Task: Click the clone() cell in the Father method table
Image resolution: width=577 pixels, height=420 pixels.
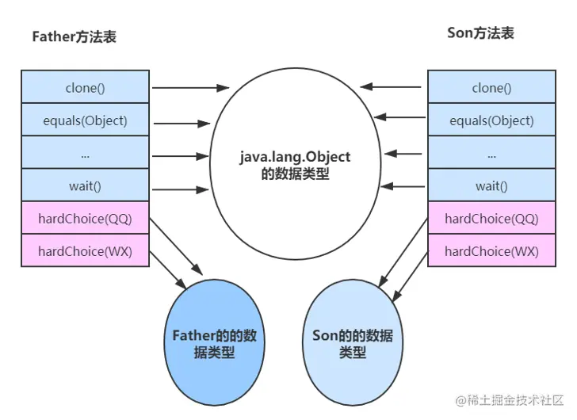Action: pyautogui.click(x=85, y=88)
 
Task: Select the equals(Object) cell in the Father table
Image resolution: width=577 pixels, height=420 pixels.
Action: pyautogui.click(x=85, y=120)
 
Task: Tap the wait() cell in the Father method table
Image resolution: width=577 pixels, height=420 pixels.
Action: pyautogui.click(x=85, y=185)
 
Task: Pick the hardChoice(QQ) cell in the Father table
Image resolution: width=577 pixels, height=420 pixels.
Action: pyautogui.click(x=85, y=218)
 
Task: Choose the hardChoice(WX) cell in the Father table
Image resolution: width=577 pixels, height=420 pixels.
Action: pyautogui.click(x=85, y=251)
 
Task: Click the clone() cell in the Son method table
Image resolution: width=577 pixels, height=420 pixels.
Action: pyautogui.click(x=491, y=88)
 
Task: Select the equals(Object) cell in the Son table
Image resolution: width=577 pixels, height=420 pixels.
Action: pyautogui.click(x=491, y=120)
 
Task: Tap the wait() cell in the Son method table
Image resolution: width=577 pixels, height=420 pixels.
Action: pyautogui.click(x=491, y=185)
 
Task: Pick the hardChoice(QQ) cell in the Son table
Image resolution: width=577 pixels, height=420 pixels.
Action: pyautogui.click(x=491, y=218)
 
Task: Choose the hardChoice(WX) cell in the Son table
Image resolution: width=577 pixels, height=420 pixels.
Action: pyautogui.click(x=491, y=251)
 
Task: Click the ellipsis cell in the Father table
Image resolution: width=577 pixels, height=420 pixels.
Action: pyautogui.click(x=85, y=153)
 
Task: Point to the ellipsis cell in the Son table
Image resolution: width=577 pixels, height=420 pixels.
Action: pyautogui.click(x=491, y=153)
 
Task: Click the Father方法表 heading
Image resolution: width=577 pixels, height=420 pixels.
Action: pyautogui.click(x=74, y=36)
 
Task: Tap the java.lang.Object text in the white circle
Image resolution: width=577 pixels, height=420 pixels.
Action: pyautogui.click(x=295, y=157)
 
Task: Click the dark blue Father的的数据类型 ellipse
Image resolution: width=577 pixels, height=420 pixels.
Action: pyautogui.click(x=214, y=343)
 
